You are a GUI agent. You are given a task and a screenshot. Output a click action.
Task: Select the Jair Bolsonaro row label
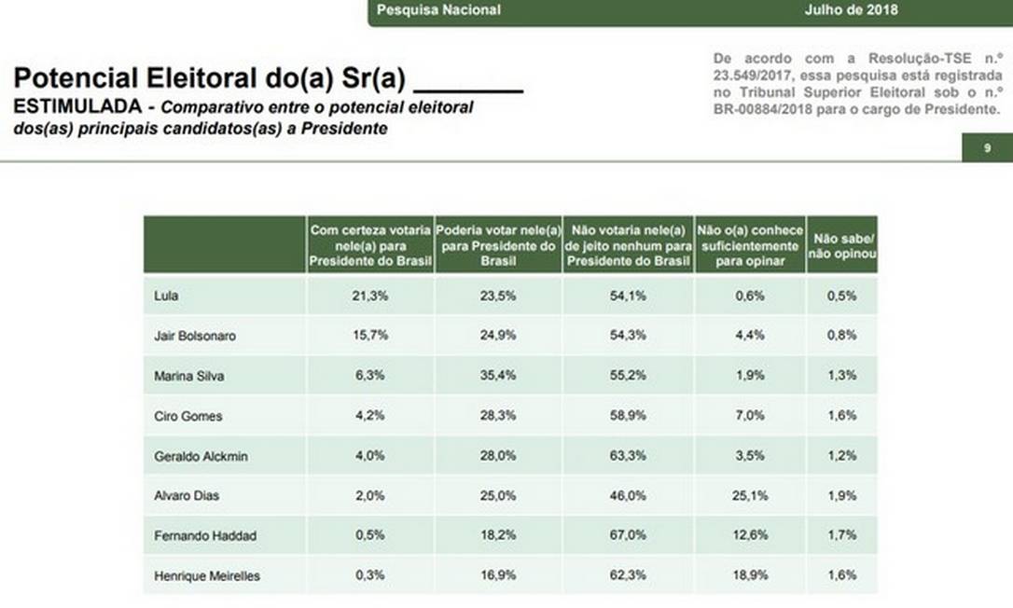(x=194, y=336)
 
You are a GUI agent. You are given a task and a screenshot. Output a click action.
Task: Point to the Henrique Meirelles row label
(x=206, y=576)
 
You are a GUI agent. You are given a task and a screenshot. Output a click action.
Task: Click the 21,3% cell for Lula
(x=371, y=296)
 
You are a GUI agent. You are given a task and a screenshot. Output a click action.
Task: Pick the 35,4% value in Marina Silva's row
(x=498, y=376)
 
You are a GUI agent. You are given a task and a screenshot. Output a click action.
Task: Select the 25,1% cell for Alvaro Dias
(x=750, y=496)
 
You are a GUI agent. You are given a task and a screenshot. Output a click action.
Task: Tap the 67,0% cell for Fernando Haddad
(x=629, y=536)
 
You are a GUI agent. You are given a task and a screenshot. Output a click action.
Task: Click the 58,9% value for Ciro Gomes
(x=629, y=416)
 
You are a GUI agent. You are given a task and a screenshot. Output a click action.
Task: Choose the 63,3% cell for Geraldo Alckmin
(x=629, y=456)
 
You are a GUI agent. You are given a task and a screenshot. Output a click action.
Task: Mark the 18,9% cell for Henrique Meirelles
(x=750, y=576)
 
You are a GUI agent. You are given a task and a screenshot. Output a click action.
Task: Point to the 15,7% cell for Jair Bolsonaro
(x=371, y=336)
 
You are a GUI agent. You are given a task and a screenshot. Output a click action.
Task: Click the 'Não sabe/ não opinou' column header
(x=842, y=245)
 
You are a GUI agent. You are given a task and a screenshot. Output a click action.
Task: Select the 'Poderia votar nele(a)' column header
(x=498, y=245)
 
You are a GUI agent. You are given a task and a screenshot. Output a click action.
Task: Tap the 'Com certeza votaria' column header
(x=371, y=245)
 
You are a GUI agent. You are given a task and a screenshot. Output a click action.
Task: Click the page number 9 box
(x=987, y=148)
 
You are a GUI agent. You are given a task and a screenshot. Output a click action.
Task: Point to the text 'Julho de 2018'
(x=851, y=10)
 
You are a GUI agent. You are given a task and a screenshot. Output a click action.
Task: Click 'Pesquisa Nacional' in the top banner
(x=438, y=10)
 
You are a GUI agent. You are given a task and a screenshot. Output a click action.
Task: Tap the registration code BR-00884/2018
(x=769, y=109)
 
